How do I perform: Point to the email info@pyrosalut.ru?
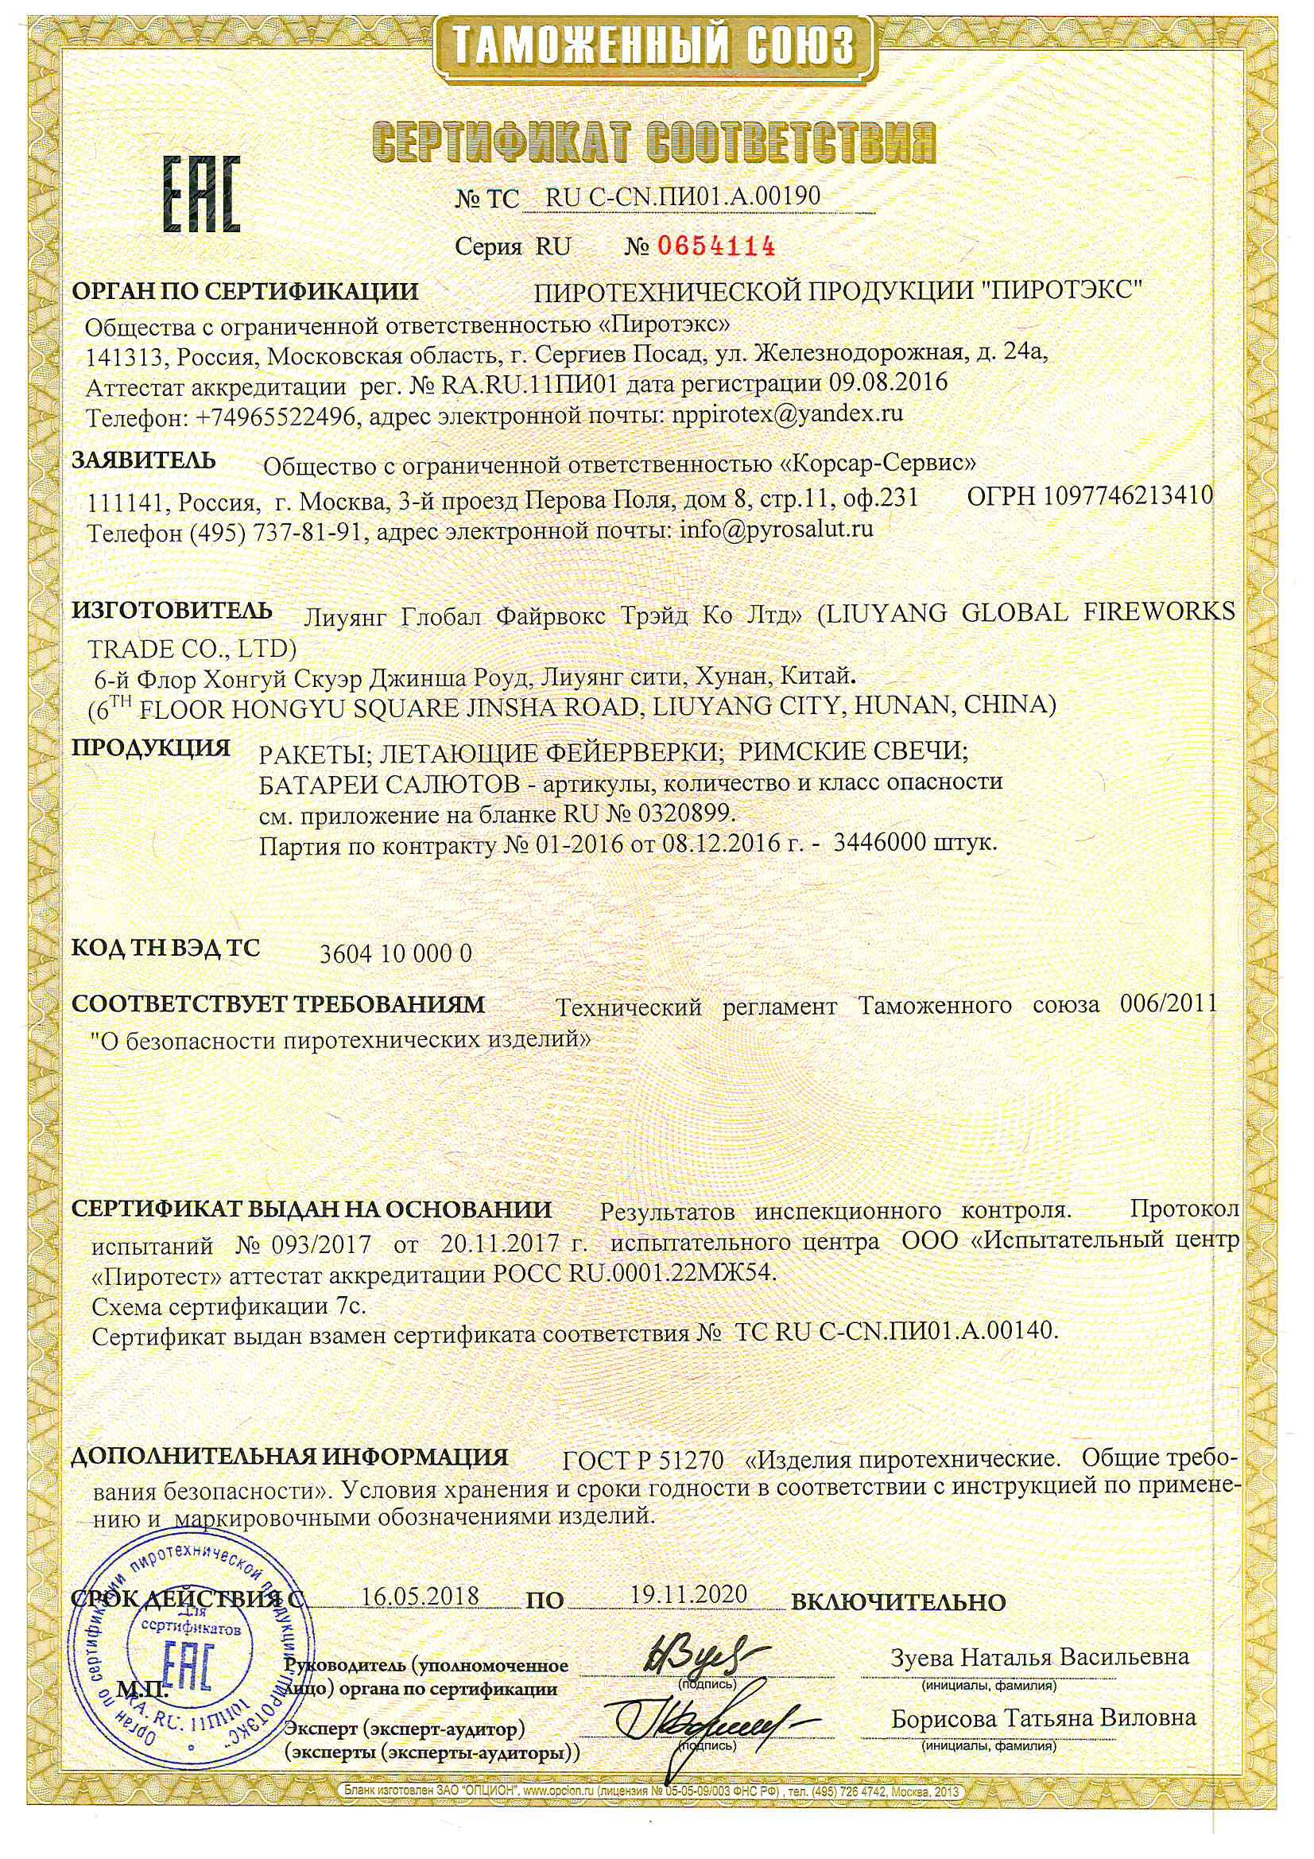point(777,530)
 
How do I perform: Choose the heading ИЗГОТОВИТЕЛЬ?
point(172,611)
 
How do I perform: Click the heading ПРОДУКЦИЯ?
point(151,747)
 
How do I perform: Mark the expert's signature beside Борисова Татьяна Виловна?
point(700,1715)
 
